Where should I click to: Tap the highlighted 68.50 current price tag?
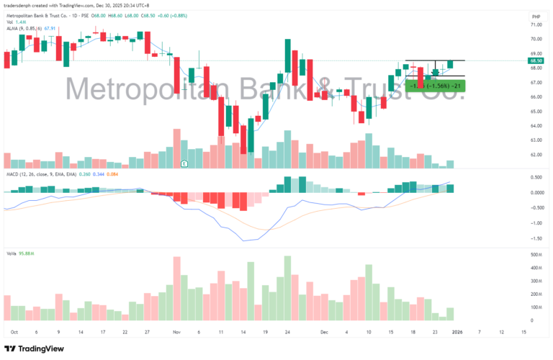(535, 61)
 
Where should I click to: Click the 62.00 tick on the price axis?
(535, 155)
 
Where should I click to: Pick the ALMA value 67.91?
(50, 29)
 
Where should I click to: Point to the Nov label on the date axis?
(178, 333)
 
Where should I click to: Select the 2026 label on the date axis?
(458, 333)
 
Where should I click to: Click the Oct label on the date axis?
(14, 333)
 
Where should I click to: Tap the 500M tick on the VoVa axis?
(536, 255)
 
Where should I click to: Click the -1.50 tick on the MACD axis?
(535, 238)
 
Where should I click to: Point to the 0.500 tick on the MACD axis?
(536, 177)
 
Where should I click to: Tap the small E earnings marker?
(185, 163)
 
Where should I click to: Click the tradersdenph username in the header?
(22, 5)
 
